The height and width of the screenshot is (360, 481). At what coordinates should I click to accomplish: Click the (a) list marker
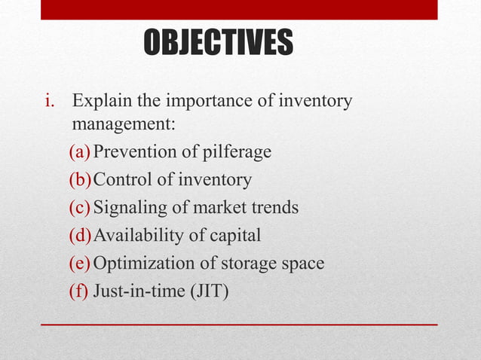click(81, 152)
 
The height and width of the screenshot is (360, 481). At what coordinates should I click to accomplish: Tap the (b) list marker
click(81, 180)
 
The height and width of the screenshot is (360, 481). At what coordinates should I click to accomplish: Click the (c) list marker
click(81, 208)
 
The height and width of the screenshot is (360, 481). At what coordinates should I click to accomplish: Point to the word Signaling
click(128, 208)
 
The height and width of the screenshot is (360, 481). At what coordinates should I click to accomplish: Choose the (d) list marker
click(81, 236)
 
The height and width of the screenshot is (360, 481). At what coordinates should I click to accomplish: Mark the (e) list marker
click(81, 264)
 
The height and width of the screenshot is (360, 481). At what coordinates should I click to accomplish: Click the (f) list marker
click(79, 291)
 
